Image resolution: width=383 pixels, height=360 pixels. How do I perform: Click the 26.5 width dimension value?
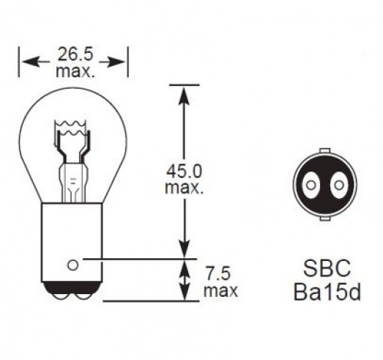click(75, 54)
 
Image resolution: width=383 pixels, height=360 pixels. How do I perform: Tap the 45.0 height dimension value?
click(185, 171)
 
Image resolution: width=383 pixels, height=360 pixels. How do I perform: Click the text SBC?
click(327, 268)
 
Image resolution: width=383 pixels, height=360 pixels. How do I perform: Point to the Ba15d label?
click(327, 292)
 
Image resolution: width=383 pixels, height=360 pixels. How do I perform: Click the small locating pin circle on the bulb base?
click(72, 265)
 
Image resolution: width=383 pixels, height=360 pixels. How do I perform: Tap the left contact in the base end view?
click(311, 185)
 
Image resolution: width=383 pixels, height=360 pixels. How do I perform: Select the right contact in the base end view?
click(339, 185)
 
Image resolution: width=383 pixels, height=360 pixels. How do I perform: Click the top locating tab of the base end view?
click(325, 150)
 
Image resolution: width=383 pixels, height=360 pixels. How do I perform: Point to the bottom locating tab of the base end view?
click(325, 218)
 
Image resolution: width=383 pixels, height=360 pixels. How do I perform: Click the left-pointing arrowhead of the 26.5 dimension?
click(31, 62)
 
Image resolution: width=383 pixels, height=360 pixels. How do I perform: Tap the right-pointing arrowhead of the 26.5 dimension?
click(116, 62)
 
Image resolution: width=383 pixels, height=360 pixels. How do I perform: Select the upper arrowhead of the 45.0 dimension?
click(185, 96)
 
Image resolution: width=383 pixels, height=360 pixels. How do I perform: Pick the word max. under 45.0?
click(185, 188)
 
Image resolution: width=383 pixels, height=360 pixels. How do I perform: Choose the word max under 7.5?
click(220, 290)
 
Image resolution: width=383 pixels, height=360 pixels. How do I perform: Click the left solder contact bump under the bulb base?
click(61, 295)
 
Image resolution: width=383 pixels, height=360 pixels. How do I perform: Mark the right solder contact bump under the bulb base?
click(83, 295)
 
